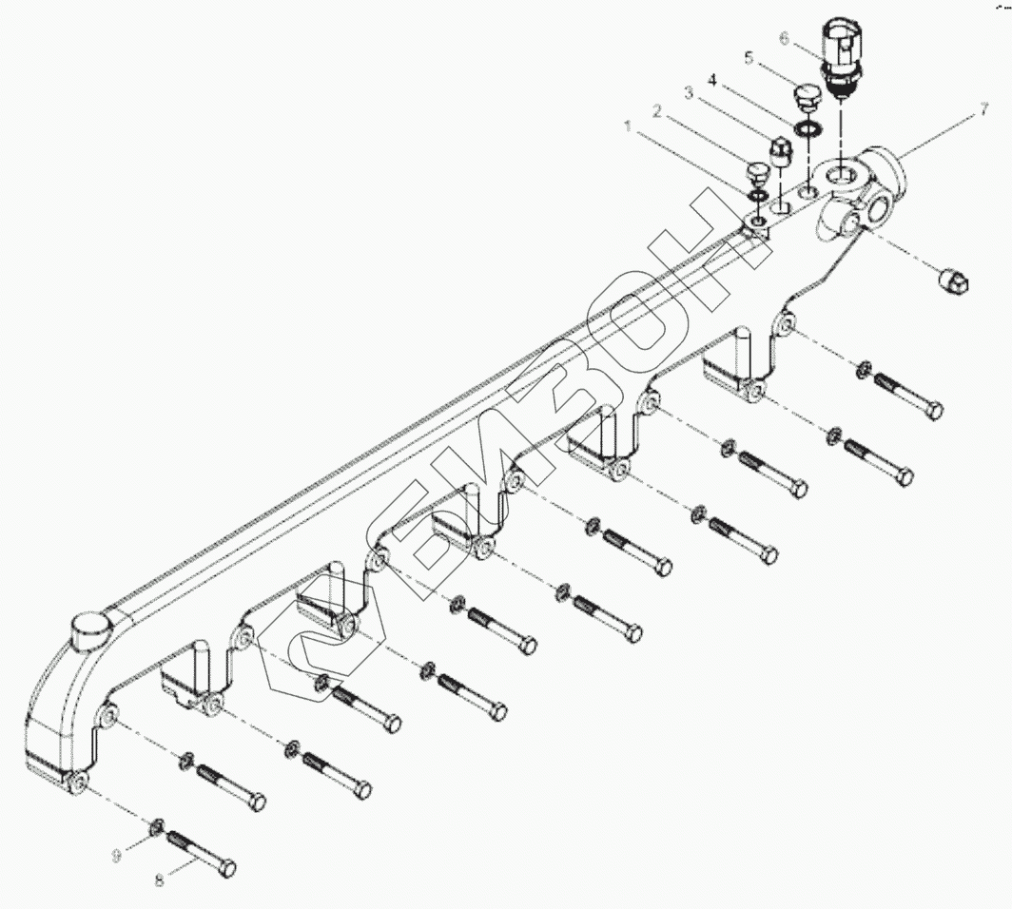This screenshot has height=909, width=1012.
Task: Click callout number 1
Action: [x=627, y=126]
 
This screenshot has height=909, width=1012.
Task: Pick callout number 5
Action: [x=748, y=58]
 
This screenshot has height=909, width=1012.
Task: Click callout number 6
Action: [x=784, y=38]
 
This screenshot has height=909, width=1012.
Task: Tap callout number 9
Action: [x=117, y=856]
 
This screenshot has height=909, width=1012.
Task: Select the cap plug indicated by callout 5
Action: [x=808, y=99]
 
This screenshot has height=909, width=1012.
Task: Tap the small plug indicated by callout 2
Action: [x=758, y=176]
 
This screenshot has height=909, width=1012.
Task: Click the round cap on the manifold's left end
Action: [x=91, y=629]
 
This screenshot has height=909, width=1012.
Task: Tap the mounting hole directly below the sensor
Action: [x=843, y=175]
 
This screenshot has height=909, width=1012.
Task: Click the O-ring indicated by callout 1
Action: [x=759, y=196]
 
